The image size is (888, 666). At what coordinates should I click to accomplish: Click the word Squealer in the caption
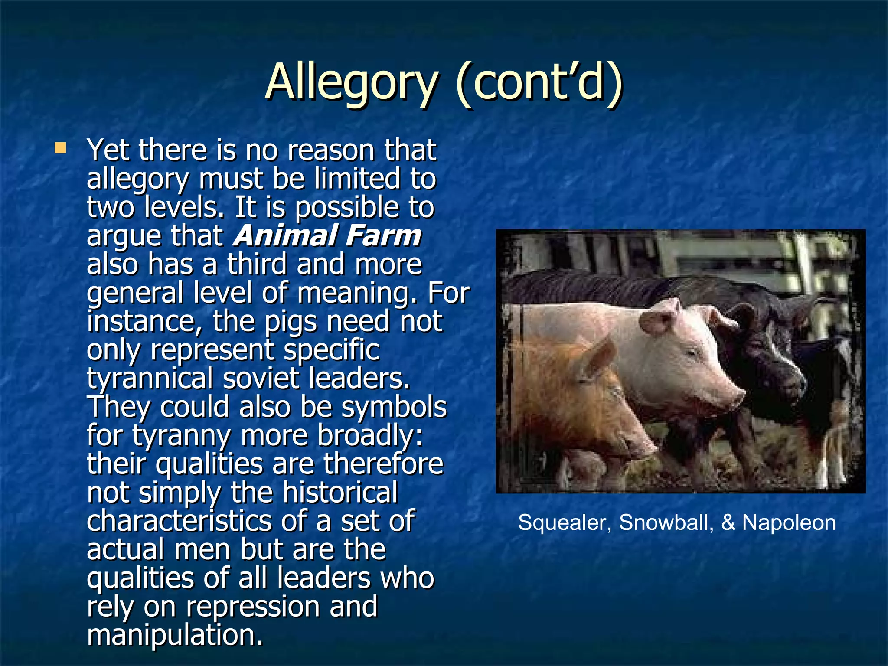(x=564, y=522)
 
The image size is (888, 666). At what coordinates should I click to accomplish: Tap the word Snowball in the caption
(x=666, y=522)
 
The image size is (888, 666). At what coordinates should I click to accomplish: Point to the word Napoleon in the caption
(x=789, y=522)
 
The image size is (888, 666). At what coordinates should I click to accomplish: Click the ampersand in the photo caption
(x=728, y=522)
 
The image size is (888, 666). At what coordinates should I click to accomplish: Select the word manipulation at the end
(x=175, y=635)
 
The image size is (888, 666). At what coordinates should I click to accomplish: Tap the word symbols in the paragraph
(x=394, y=408)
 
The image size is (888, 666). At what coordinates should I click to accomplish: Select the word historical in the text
(x=340, y=493)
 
